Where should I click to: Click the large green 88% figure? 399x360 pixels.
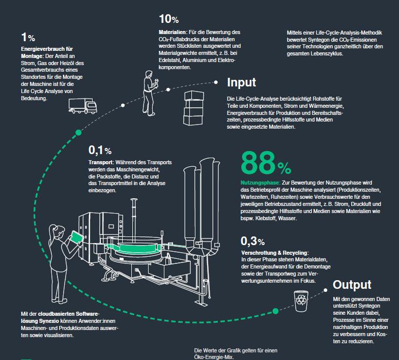[x=266, y=163]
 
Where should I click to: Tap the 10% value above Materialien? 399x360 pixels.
[x=169, y=19]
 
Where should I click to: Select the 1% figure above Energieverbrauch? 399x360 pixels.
[x=28, y=37]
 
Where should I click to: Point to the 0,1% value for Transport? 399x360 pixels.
[x=100, y=151]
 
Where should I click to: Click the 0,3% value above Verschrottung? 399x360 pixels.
[x=252, y=241]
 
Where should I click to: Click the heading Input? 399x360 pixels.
[x=241, y=82]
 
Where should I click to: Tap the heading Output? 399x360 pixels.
[x=352, y=285]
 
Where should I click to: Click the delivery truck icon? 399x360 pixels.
[x=82, y=106]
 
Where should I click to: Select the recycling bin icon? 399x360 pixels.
[x=301, y=301]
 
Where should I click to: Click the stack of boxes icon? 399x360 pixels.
[x=193, y=108]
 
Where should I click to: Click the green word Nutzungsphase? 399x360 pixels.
[x=261, y=183]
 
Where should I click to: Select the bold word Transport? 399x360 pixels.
[x=101, y=162]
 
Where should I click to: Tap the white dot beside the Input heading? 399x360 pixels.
[x=216, y=82]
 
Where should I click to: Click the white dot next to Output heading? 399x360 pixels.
[x=326, y=290]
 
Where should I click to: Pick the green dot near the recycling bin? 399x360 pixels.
[x=275, y=311]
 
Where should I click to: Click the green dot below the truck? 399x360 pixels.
[x=78, y=132]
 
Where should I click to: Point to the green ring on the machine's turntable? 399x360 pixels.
[x=137, y=248]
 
